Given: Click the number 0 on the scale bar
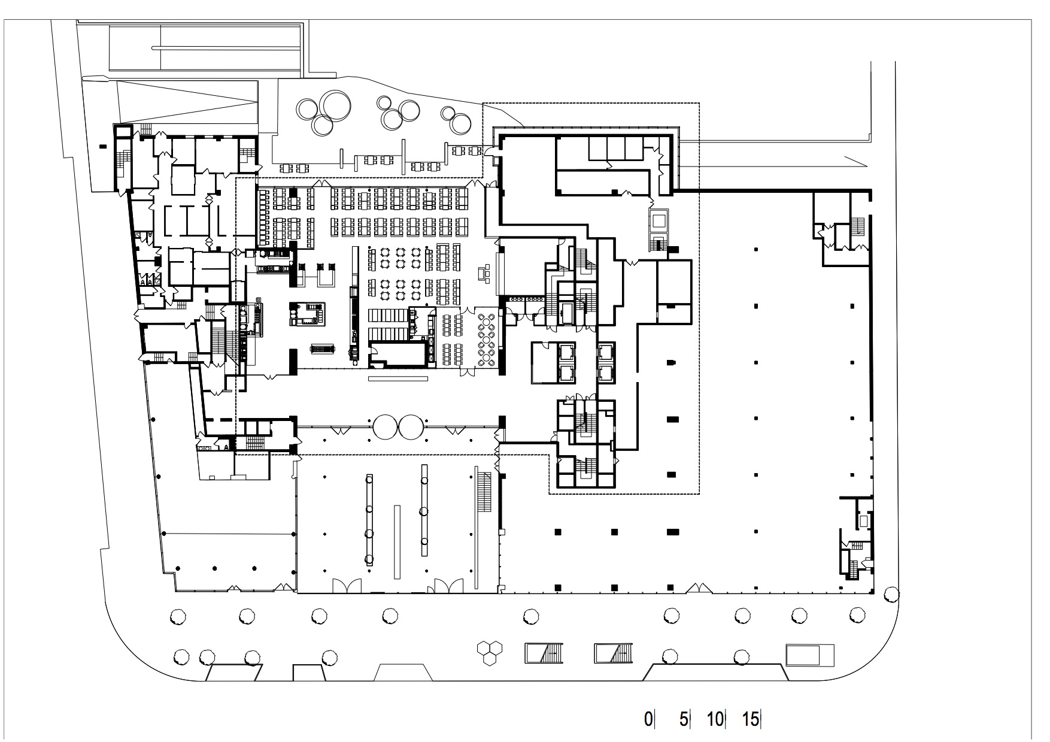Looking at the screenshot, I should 648,719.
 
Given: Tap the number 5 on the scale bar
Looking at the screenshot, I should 684,719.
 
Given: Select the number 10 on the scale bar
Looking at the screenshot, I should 715,719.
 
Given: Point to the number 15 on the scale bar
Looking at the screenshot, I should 751,719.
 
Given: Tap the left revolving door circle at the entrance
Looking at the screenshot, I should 384,427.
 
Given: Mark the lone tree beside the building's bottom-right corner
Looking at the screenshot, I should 891,594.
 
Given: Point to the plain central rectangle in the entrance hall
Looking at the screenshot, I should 397,541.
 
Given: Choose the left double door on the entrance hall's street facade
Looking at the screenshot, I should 347,586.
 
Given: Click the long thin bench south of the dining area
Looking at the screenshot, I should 398,378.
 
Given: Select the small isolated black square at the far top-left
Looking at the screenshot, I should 103,146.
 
